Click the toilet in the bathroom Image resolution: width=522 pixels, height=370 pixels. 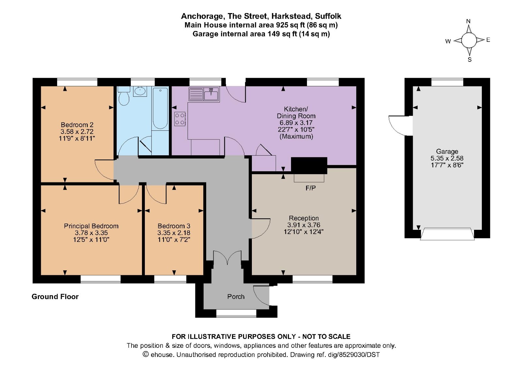pyautogui.click(x=124, y=97)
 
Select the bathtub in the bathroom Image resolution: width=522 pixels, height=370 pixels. pyautogui.click(x=160, y=109)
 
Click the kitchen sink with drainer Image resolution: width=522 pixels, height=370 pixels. pyautogui.click(x=204, y=94)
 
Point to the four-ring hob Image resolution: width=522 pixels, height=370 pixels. pyautogui.click(x=180, y=119)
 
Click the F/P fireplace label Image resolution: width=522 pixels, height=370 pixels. pyautogui.click(x=310, y=188)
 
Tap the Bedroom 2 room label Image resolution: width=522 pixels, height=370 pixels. pyautogui.click(x=77, y=125)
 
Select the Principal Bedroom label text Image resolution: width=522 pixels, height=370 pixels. pyautogui.click(x=91, y=226)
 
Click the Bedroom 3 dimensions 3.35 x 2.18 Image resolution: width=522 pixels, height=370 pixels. pyautogui.click(x=174, y=233)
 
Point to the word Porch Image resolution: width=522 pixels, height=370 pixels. pyautogui.click(x=236, y=296)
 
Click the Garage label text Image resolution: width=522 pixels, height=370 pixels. pyautogui.click(x=447, y=151)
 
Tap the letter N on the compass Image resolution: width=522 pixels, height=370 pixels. pyautogui.click(x=468, y=21)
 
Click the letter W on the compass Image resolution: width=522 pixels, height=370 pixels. pyautogui.click(x=448, y=41)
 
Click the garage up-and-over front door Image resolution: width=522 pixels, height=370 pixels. pyautogui.click(x=447, y=234)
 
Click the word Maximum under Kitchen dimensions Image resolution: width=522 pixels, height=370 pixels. pyautogui.click(x=296, y=136)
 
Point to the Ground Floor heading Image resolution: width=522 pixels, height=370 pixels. pyautogui.click(x=55, y=296)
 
